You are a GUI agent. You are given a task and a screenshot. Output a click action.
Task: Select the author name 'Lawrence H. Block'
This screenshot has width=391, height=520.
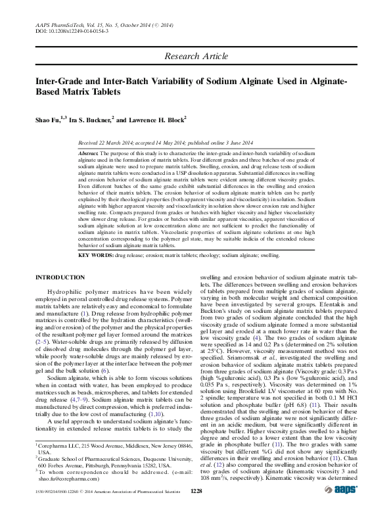[x=157, y=120]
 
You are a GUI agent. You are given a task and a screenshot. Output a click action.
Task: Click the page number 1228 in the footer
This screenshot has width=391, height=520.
[x=196, y=509]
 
